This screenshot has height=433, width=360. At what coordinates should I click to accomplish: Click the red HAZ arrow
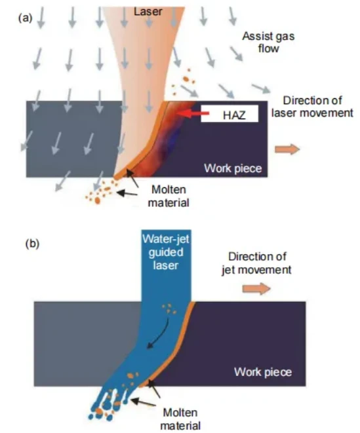(193, 113)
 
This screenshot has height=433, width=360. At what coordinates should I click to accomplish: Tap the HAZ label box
(230, 113)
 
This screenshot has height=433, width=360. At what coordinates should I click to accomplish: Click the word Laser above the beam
(148, 11)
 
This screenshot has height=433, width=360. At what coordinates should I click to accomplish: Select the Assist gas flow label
(268, 42)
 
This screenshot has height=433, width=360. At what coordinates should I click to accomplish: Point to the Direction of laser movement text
(312, 107)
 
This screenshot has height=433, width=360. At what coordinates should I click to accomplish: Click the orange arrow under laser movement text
(287, 149)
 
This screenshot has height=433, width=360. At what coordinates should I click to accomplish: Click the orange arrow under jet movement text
(256, 289)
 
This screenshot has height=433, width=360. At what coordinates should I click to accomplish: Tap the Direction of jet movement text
(256, 263)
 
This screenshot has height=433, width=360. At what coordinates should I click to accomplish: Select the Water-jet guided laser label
(166, 252)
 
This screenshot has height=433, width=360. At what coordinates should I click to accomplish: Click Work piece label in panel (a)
(233, 168)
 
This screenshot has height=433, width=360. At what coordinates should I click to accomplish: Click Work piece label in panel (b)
(263, 372)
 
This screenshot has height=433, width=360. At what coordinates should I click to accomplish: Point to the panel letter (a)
(26, 18)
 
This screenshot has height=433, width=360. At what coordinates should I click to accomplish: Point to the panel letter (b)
(32, 244)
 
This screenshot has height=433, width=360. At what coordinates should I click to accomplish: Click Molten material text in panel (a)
(169, 196)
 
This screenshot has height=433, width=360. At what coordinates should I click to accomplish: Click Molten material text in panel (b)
(180, 419)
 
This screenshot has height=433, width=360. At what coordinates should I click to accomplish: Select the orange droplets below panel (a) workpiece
(101, 191)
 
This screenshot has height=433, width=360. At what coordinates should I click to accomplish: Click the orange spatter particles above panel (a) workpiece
(182, 81)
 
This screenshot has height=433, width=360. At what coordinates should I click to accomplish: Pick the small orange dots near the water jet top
(169, 309)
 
